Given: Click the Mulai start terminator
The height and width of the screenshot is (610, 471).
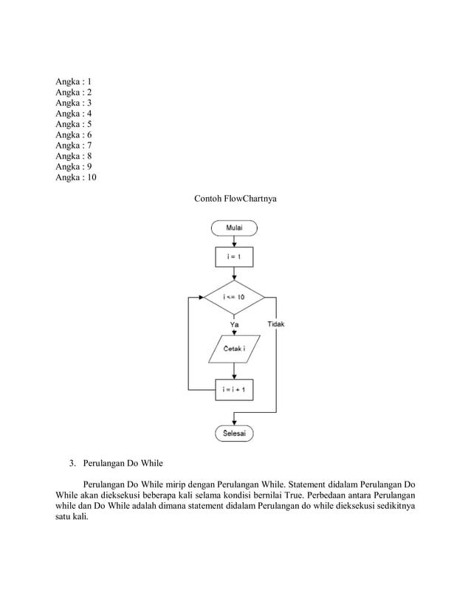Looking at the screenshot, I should click(234, 228).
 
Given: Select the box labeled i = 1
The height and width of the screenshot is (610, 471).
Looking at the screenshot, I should click(234, 257).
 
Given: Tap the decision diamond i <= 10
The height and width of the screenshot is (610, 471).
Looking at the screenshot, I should click(234, 297).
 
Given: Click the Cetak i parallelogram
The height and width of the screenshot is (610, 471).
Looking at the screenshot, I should click(234, 349).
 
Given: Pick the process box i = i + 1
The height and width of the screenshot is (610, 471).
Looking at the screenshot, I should click(234, 389).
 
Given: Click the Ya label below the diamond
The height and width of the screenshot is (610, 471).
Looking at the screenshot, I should click(235, 323).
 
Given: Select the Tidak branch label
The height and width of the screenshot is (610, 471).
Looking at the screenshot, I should click(276, 323).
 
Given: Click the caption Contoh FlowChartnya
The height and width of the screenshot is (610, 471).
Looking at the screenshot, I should click(235, 199).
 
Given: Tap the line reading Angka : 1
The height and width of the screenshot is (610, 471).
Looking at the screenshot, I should click(74, 82).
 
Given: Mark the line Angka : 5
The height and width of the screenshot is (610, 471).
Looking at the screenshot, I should click(74, 125).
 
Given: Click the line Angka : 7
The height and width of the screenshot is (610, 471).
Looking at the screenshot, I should click(74, 146).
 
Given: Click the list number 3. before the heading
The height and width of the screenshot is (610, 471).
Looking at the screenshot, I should click(72, 465).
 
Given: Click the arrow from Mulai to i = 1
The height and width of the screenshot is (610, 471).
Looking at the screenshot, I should click(234, 241).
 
